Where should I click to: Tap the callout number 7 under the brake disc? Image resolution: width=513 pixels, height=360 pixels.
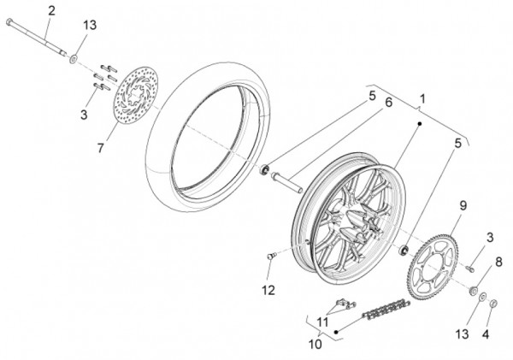pos(101,148)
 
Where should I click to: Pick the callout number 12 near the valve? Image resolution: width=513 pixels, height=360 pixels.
pos(268,290)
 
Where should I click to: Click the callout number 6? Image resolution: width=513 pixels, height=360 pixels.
pos(292,103)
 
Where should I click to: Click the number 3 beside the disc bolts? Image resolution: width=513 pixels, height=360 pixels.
pos(84,114)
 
